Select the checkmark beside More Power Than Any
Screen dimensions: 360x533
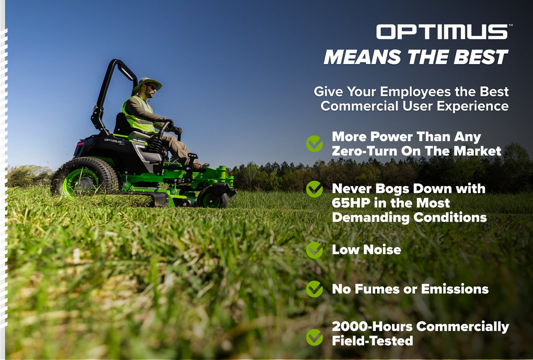pos(314,144)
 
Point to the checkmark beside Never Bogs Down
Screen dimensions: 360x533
pos(314,189)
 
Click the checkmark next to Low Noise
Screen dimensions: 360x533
pos(314,250)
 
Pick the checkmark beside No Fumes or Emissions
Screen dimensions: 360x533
pos(314,289)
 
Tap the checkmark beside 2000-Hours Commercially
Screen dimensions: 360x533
pos(314,337)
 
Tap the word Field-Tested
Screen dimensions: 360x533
pos(372,341)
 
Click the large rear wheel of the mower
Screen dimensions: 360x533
pos(84,177)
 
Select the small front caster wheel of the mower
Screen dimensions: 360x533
pos(212,199)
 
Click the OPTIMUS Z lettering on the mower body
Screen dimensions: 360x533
pos(115,141)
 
